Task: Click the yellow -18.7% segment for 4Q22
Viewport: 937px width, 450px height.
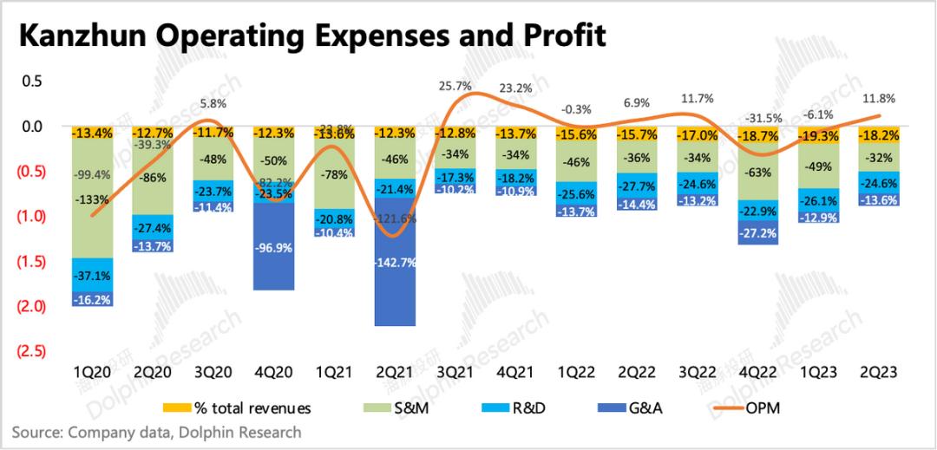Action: (x=760, y=137)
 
